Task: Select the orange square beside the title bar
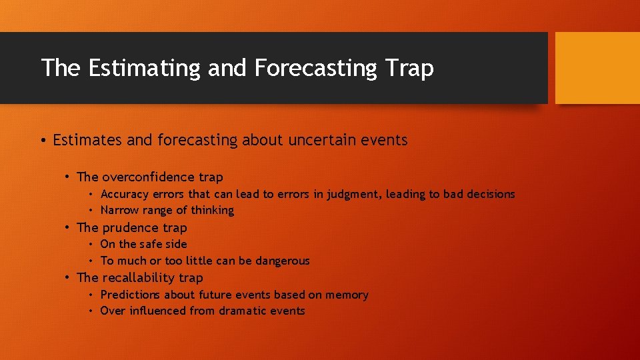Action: tap(597, 68)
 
